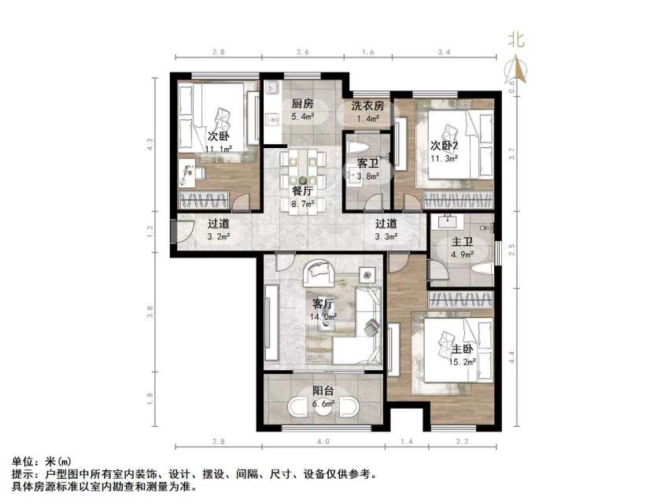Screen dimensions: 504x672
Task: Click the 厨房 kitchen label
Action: [x=303, y=104]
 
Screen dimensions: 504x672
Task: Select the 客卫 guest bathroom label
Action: [x=367, y=163]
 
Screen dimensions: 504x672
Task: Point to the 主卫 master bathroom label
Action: [x=461, y=242]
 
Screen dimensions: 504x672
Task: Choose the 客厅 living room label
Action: [x=323, y=303]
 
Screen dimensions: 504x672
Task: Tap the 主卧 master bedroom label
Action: [x=463, y=349]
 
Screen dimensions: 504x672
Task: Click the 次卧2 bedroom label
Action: [x=444, y=145]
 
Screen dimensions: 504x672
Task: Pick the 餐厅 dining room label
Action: [x=303, y=190]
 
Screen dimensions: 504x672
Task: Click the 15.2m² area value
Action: [x=465, y=362]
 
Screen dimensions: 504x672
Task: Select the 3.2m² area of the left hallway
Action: [x=219, y=235]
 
